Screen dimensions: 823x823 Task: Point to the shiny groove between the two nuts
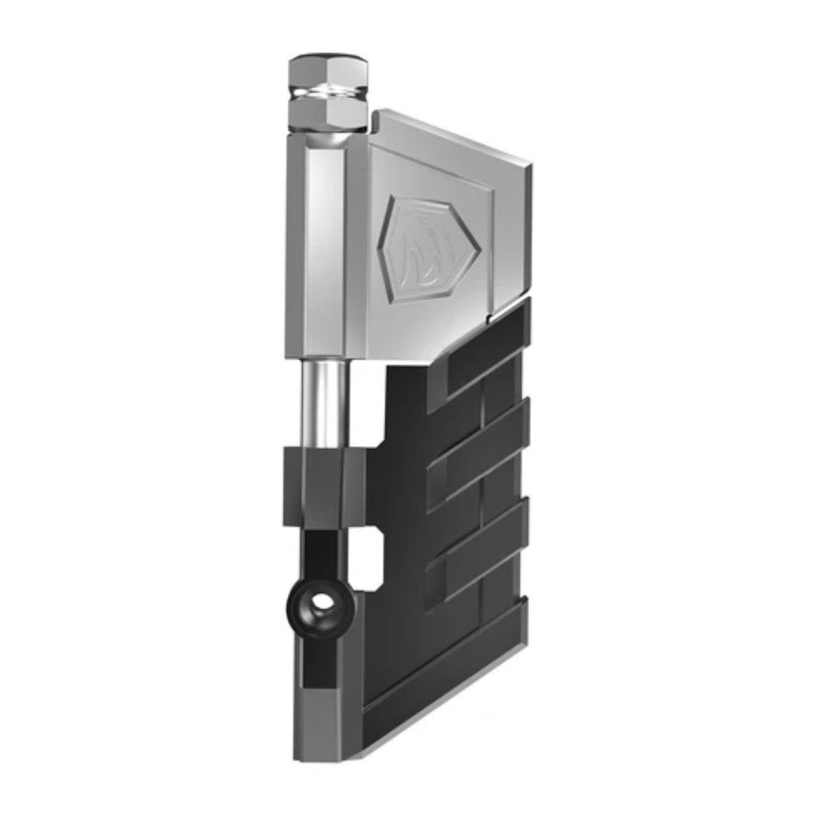(326, 93)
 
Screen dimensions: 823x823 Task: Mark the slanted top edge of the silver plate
(453, 137)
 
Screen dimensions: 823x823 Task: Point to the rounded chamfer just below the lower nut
(326, 139)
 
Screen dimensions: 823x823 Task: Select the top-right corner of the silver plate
(529, 163)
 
